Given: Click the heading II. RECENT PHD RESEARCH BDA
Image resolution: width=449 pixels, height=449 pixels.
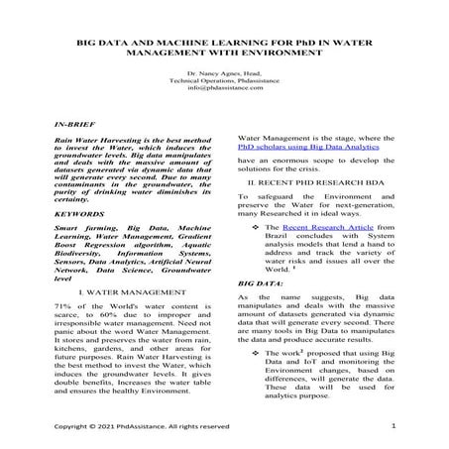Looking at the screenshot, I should [x=315, y=184].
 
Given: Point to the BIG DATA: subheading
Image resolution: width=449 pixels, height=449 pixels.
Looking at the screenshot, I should [x=261, y=282].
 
